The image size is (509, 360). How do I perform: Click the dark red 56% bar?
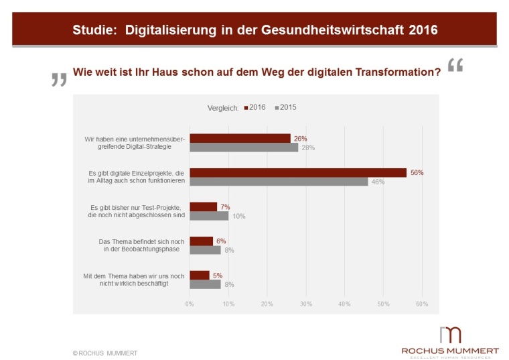tap(298, 172)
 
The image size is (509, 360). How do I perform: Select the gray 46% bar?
tap(279, 181)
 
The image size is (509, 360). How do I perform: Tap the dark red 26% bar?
tap(240, 138)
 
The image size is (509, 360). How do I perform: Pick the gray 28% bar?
tap(244, 147)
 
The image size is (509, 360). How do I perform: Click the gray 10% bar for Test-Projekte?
tap(209, 215)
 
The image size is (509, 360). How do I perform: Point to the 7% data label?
tap(225, 207)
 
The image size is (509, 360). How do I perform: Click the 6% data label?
tap(221, 241)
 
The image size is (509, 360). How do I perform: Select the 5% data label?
tap(217, 275)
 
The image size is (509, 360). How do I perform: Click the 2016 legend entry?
tap(254, 107)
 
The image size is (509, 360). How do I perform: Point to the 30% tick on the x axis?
tap(306, 304)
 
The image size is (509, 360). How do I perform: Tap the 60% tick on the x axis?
tap(422, 304)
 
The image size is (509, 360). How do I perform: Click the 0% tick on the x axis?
tap(190, 304)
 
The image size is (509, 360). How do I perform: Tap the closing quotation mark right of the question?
tap(455, 65)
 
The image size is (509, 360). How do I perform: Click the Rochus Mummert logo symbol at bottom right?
tap(451, 335)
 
